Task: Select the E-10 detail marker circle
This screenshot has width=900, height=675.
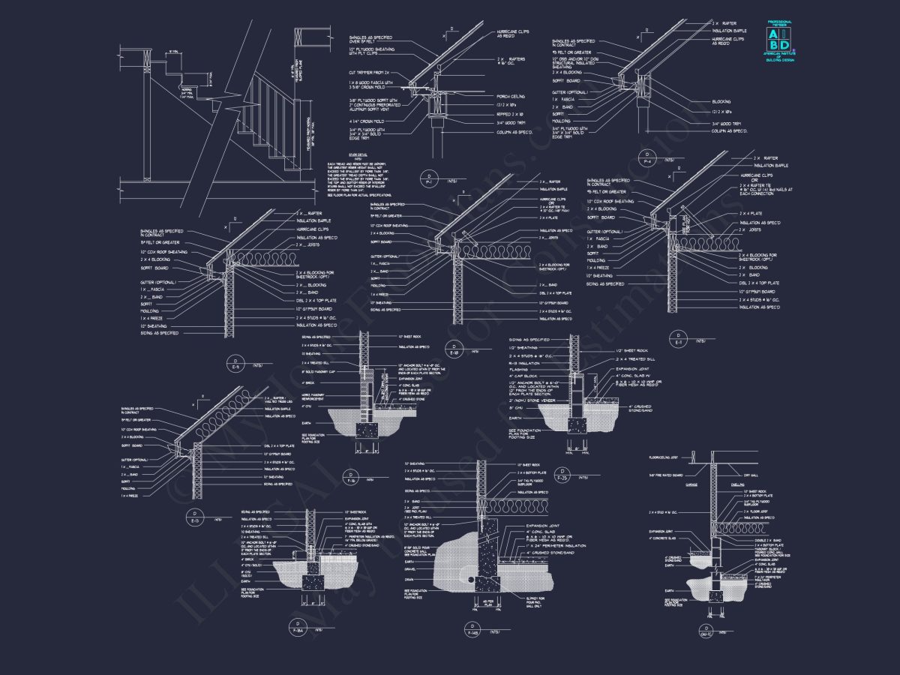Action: click(452, 349)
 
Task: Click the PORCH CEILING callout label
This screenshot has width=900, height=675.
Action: click(511, 96)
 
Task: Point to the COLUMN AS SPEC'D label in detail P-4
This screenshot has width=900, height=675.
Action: click(730, 130)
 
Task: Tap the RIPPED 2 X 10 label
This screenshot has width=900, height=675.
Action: click(510, 113)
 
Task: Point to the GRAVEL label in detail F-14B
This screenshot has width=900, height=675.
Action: click(410, 569)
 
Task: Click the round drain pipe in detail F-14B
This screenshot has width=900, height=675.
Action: click(473, 579)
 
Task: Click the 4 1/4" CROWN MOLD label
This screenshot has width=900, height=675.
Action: click(366, 121)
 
